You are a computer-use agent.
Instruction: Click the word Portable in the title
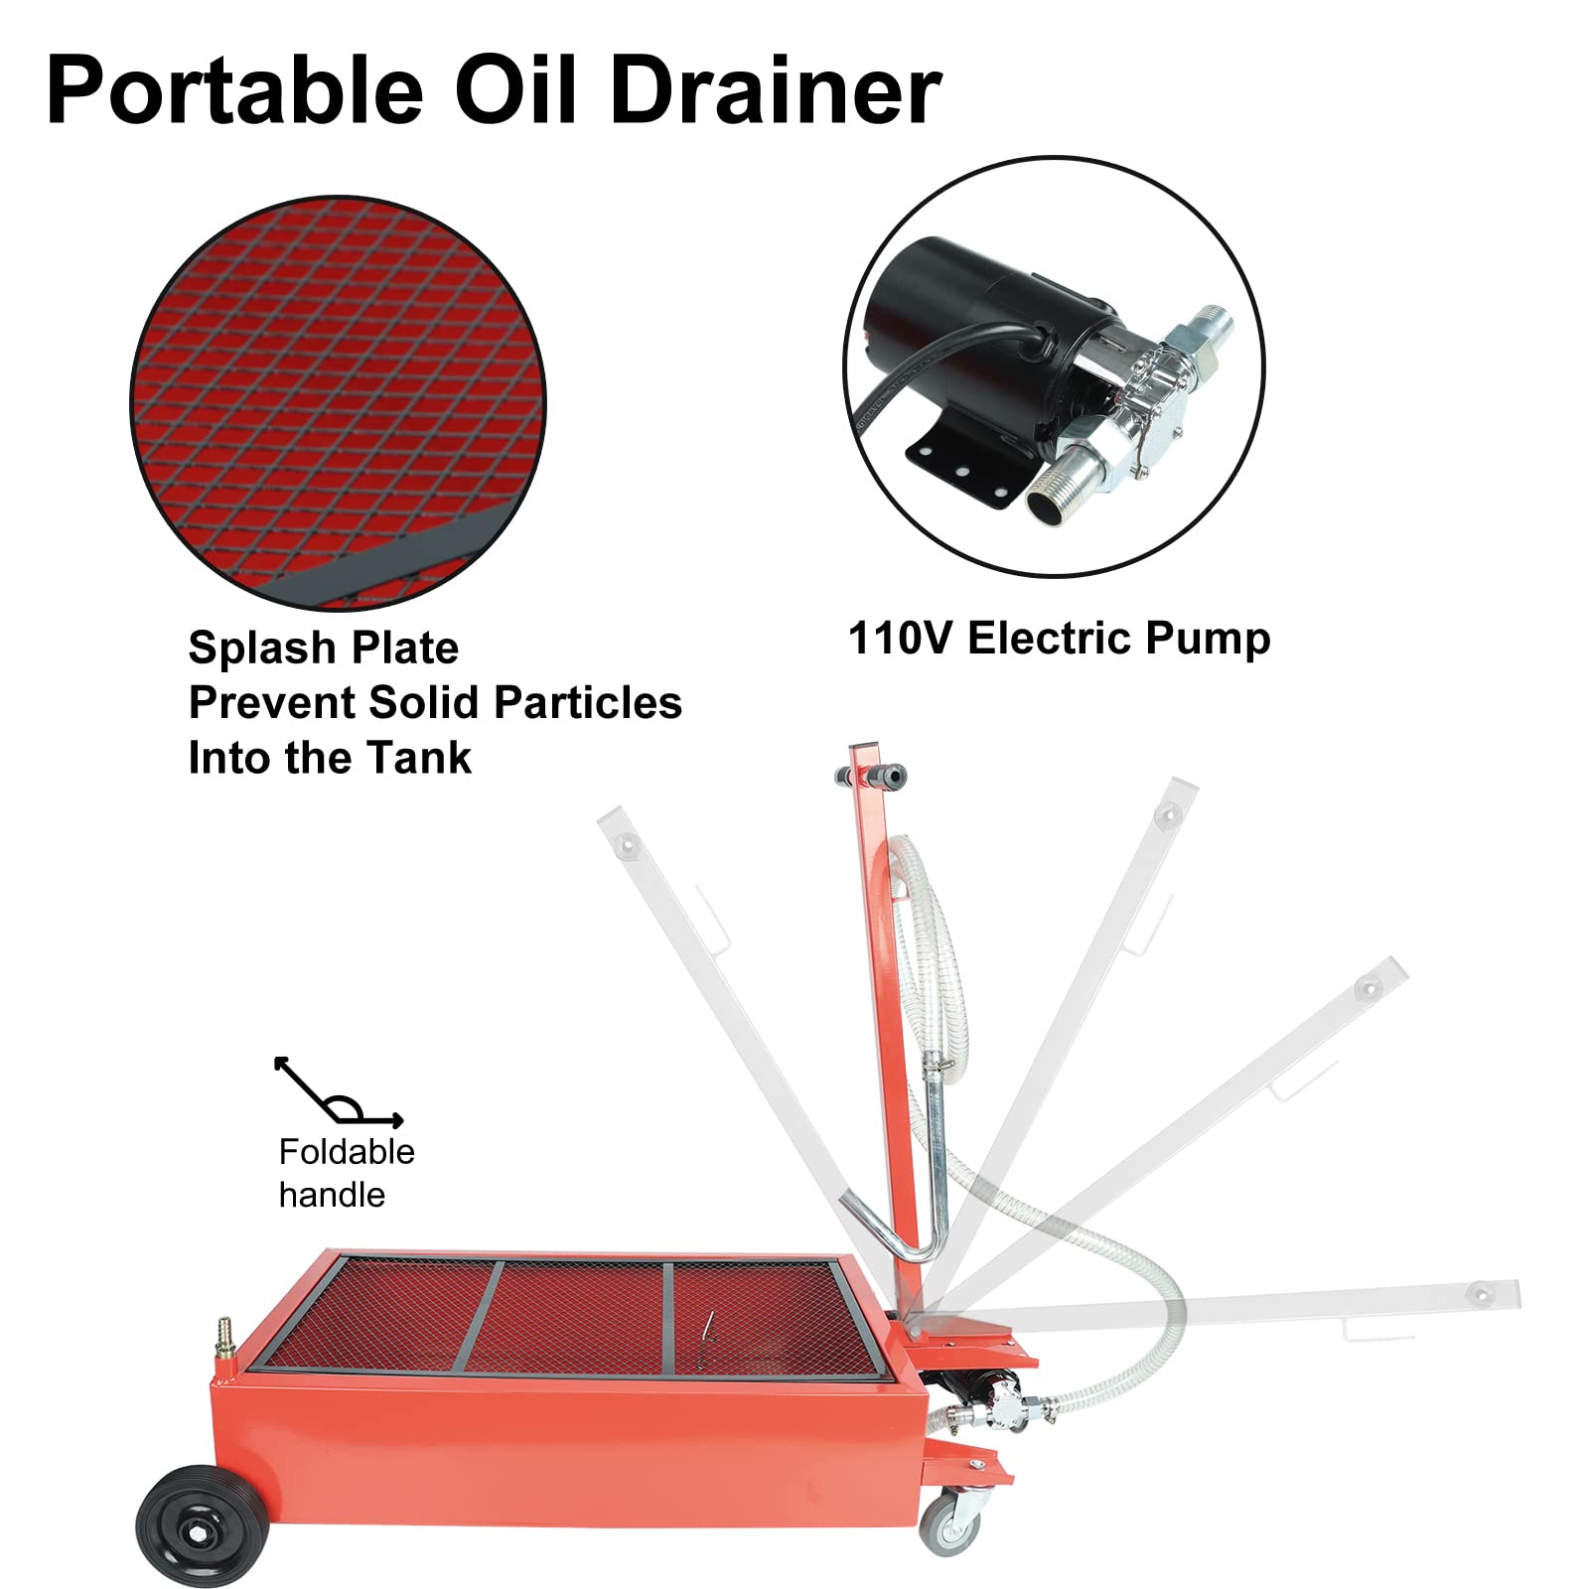[x=234, y=91]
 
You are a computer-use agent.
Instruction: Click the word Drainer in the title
[x=776, y=91]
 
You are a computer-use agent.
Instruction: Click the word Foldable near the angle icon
[x=347, y=1152]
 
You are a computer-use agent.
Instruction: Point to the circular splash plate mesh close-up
[x=338, y=402]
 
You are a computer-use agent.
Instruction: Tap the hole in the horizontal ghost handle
[x=1481, y=1295]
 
